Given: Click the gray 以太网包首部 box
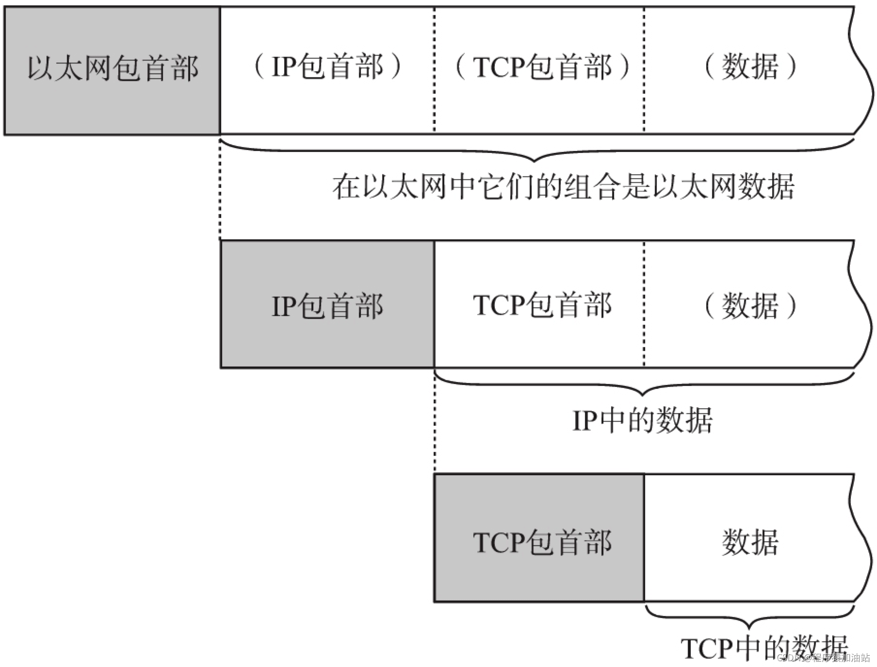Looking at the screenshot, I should [112, 70].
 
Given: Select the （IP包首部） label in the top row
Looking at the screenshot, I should [327, 67].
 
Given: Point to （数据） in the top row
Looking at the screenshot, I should [750, 67].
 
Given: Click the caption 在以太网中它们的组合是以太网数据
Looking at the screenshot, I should [563, 187].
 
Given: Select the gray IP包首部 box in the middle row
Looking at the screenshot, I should [327, 305].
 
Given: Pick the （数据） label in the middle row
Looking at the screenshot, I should [750, 306].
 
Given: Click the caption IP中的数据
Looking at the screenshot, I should [642, 420].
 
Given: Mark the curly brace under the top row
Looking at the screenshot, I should [536, 153].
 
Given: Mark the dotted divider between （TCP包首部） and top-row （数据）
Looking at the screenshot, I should [644, 70].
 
